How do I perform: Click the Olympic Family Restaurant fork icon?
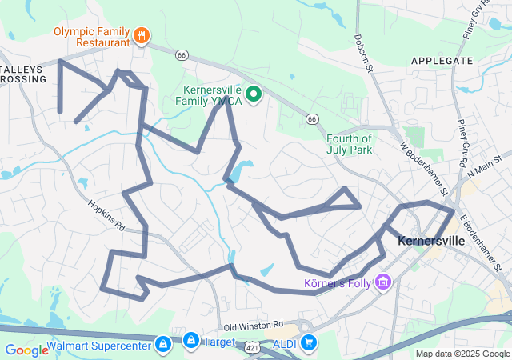pos(142,34)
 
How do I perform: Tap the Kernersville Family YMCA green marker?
pos(254,95)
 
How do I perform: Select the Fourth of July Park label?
pos(350,144)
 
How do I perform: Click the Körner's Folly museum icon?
pos(383,282)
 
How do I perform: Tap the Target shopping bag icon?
pos(190,341)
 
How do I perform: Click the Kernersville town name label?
pos(430,241)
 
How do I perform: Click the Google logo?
pos(26,350)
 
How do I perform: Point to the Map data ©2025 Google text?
pos(462,354)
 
